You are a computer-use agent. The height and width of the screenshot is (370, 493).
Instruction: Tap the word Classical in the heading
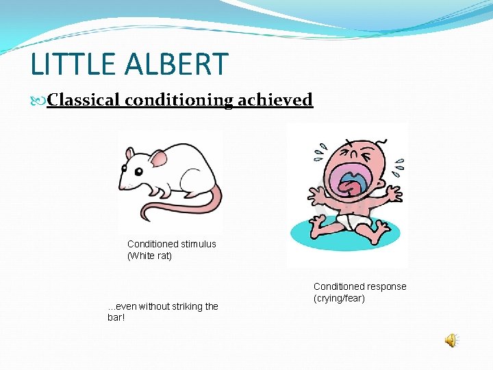coord(84,100)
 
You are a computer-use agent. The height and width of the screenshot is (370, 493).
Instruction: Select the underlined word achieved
coord(275,100)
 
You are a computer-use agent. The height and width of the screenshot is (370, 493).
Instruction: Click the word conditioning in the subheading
coord(179,100)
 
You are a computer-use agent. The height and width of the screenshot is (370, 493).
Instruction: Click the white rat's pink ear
coord(158,159)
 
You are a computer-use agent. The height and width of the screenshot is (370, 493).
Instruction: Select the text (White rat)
coord(149,256)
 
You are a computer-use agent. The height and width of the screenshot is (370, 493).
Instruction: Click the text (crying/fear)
coord(339,299)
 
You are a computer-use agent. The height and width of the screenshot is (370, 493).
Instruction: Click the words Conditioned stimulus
coord(171,244)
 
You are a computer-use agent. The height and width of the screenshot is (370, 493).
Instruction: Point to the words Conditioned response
coord(359,286)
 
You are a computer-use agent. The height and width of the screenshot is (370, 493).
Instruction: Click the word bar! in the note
coord(117,318)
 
